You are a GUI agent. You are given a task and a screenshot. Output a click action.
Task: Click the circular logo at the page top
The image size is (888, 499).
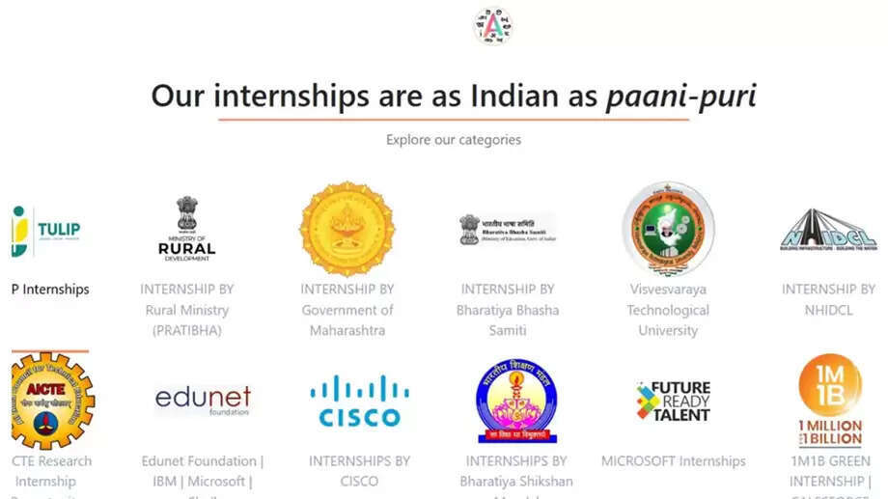(492, 25)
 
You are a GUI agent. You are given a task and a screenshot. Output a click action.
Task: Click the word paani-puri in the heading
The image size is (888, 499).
(680, 96)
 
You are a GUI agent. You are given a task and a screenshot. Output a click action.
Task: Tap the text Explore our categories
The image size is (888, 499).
(453, 140)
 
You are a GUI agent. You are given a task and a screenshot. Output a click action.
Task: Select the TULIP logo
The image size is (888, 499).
(46, 231)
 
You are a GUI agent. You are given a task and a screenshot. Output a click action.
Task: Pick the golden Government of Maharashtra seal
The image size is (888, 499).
(347, 228)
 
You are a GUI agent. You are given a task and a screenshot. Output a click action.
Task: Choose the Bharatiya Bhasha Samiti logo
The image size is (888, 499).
(508, 229)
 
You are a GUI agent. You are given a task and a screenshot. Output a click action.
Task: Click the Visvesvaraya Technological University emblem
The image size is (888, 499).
(668, 228)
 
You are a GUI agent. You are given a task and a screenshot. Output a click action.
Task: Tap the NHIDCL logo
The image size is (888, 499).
(828, 232)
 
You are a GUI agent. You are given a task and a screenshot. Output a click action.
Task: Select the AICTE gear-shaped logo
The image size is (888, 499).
(50, 401)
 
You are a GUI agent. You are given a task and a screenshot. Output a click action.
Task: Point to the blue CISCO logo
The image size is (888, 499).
(359, 402)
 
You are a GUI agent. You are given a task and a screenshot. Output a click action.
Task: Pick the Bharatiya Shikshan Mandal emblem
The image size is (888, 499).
(516, 401)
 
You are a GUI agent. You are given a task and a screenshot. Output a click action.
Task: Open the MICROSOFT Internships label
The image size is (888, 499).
(673, 461)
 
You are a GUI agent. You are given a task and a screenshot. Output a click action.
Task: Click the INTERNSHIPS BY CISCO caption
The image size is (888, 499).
(359, 471)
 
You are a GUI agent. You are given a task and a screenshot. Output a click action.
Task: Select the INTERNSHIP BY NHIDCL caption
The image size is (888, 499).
(828, 299)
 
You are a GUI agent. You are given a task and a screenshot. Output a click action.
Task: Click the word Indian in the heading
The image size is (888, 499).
(514, 96)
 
